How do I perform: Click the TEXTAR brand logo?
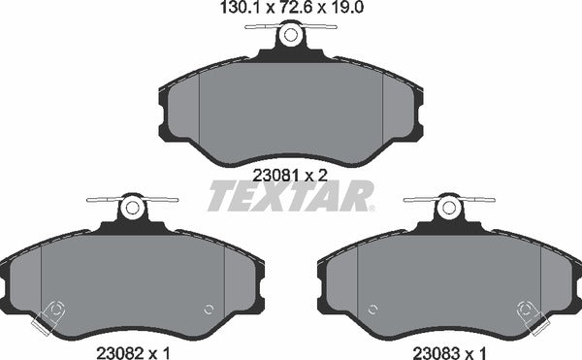click(288, 197)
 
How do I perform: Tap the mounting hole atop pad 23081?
click(289, 36)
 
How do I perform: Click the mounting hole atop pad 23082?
click(132, 208)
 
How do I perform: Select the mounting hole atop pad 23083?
click(447, 208)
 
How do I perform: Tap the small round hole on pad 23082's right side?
click(209, 311)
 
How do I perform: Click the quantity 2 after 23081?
click(321, 175)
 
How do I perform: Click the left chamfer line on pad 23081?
click(198, 107)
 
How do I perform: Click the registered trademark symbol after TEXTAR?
click(372, 207)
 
